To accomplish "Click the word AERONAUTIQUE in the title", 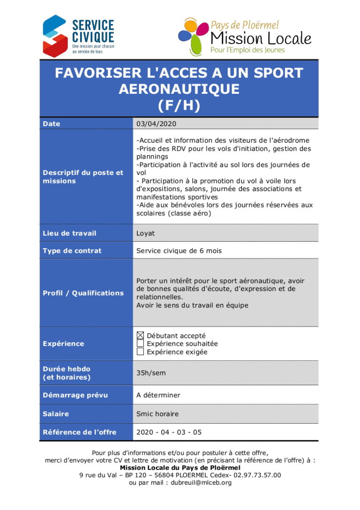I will [x=179, y=89].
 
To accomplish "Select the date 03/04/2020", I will [x=156, y=124].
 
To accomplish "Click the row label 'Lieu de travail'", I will [x=69, y=233].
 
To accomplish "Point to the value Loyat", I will [x=145, y=233].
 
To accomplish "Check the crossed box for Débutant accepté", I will [x=140, y=335].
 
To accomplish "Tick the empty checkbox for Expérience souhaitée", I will [x=140, y=343].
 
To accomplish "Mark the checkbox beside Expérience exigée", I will [x=140, y=352].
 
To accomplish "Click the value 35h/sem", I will [x=150, y=373].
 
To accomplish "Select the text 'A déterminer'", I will [x=158, y=395].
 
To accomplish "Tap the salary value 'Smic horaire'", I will [x=157, y=414].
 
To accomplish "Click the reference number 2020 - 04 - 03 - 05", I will [x=169, y=432].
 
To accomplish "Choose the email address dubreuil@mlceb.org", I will [x=201, y=482].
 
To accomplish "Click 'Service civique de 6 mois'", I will [x=179, y=251].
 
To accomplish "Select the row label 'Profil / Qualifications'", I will [x=83, y=293].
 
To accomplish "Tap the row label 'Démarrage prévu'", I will [x=75, y=395].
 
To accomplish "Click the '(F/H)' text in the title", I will [x=179, y=105].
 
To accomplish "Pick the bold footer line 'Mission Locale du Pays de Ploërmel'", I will [x=180, y=468].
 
